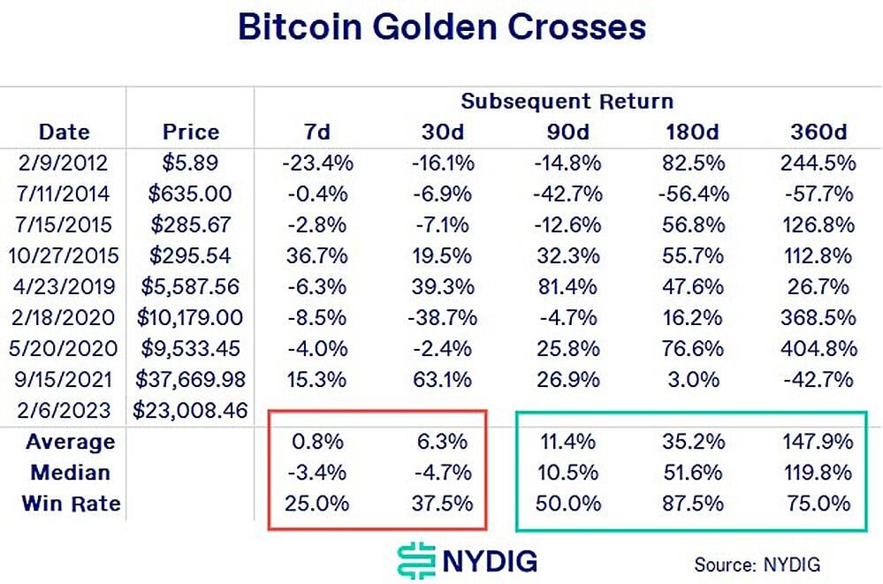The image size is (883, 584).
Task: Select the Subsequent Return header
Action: pyautogui.click(x=567, y=101)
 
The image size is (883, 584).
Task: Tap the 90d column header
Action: pyautogui.click(x=567, y=133)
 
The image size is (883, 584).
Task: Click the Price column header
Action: pyautogui.click(x=191, y=133)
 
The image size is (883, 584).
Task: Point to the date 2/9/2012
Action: pyautogui.click(x=64, y=163)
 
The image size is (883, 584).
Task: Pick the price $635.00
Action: pyautogui.click(x=191, y=193)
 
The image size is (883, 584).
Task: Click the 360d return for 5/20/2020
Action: pyautogui.click(x=818, y=348)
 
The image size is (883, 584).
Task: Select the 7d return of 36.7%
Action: pyautogui.click(x=316, y=255)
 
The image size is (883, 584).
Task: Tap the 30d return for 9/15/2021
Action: pyautogui.click(x=440, y=379)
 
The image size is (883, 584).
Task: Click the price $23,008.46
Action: pyautogui.click(x=190, y=410)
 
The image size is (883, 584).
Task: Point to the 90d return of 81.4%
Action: pyautogui.click(x=567, y=286)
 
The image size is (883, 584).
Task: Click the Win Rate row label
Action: pyautogui.click(x=72, y=504)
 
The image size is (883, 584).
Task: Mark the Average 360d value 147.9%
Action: pyautogui.click(x=818, y=442)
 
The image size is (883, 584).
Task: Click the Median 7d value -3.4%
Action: pyautogui.click(x=316, y=473)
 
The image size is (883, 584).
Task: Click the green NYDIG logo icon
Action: pyautogui.click(x=414, y=560)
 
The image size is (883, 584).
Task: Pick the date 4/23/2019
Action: pyautogui.click(x=64, y=286)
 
